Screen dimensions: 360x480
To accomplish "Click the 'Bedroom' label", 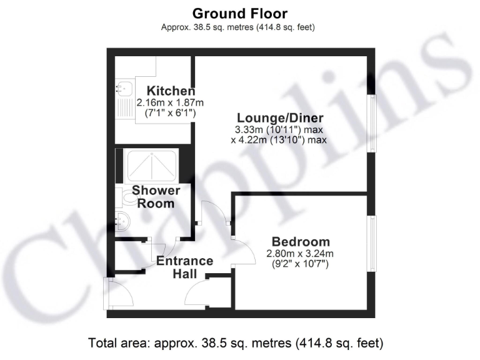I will (300, 242).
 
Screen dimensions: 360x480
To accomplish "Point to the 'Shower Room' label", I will (156, 196).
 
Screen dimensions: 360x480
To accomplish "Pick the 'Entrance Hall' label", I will (184, 267).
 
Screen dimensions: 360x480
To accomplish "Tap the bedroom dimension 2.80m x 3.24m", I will (300, 254).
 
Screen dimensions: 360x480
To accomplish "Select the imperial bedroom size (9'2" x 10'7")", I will (300, 265).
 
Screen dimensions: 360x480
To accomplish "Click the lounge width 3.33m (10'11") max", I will (279, 129).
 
